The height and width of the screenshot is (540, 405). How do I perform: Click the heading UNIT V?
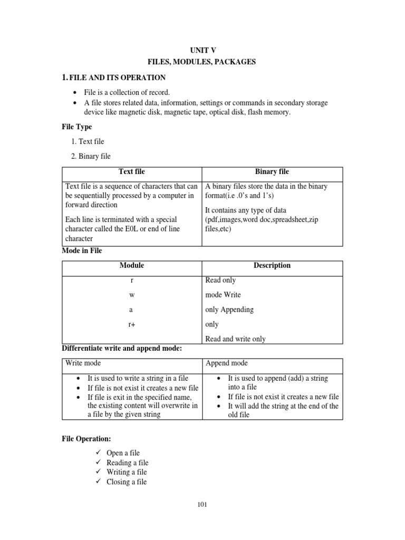[202, 50]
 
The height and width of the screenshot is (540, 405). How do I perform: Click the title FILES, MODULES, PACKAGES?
[202, 62]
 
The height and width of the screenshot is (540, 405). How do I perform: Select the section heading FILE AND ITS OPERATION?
[118, 78]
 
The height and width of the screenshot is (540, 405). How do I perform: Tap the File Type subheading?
[77, 127]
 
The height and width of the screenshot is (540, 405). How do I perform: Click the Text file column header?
[132, 172]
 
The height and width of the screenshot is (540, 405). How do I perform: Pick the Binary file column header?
[272, 172]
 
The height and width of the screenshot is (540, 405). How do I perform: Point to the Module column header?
[132, 265]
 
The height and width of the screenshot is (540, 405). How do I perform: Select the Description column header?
[272, 265]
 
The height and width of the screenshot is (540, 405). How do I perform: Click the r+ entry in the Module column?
[132, 324]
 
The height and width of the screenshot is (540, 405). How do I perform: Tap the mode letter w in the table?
[132, 295]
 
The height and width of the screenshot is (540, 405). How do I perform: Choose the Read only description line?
[220, 280]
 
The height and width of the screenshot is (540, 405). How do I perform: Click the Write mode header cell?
[83, 363]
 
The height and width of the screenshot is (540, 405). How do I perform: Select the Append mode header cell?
[226, 363]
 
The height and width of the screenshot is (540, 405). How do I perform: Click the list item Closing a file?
[127, 482]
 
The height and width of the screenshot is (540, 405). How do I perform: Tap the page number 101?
[202, 505]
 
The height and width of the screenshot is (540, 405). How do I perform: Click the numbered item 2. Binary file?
[91, 156]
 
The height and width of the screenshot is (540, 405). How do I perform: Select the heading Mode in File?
[82, 251]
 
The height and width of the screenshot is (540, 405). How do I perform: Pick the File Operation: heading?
[86, 439]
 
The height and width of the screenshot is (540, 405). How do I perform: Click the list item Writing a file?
[127, 472]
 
